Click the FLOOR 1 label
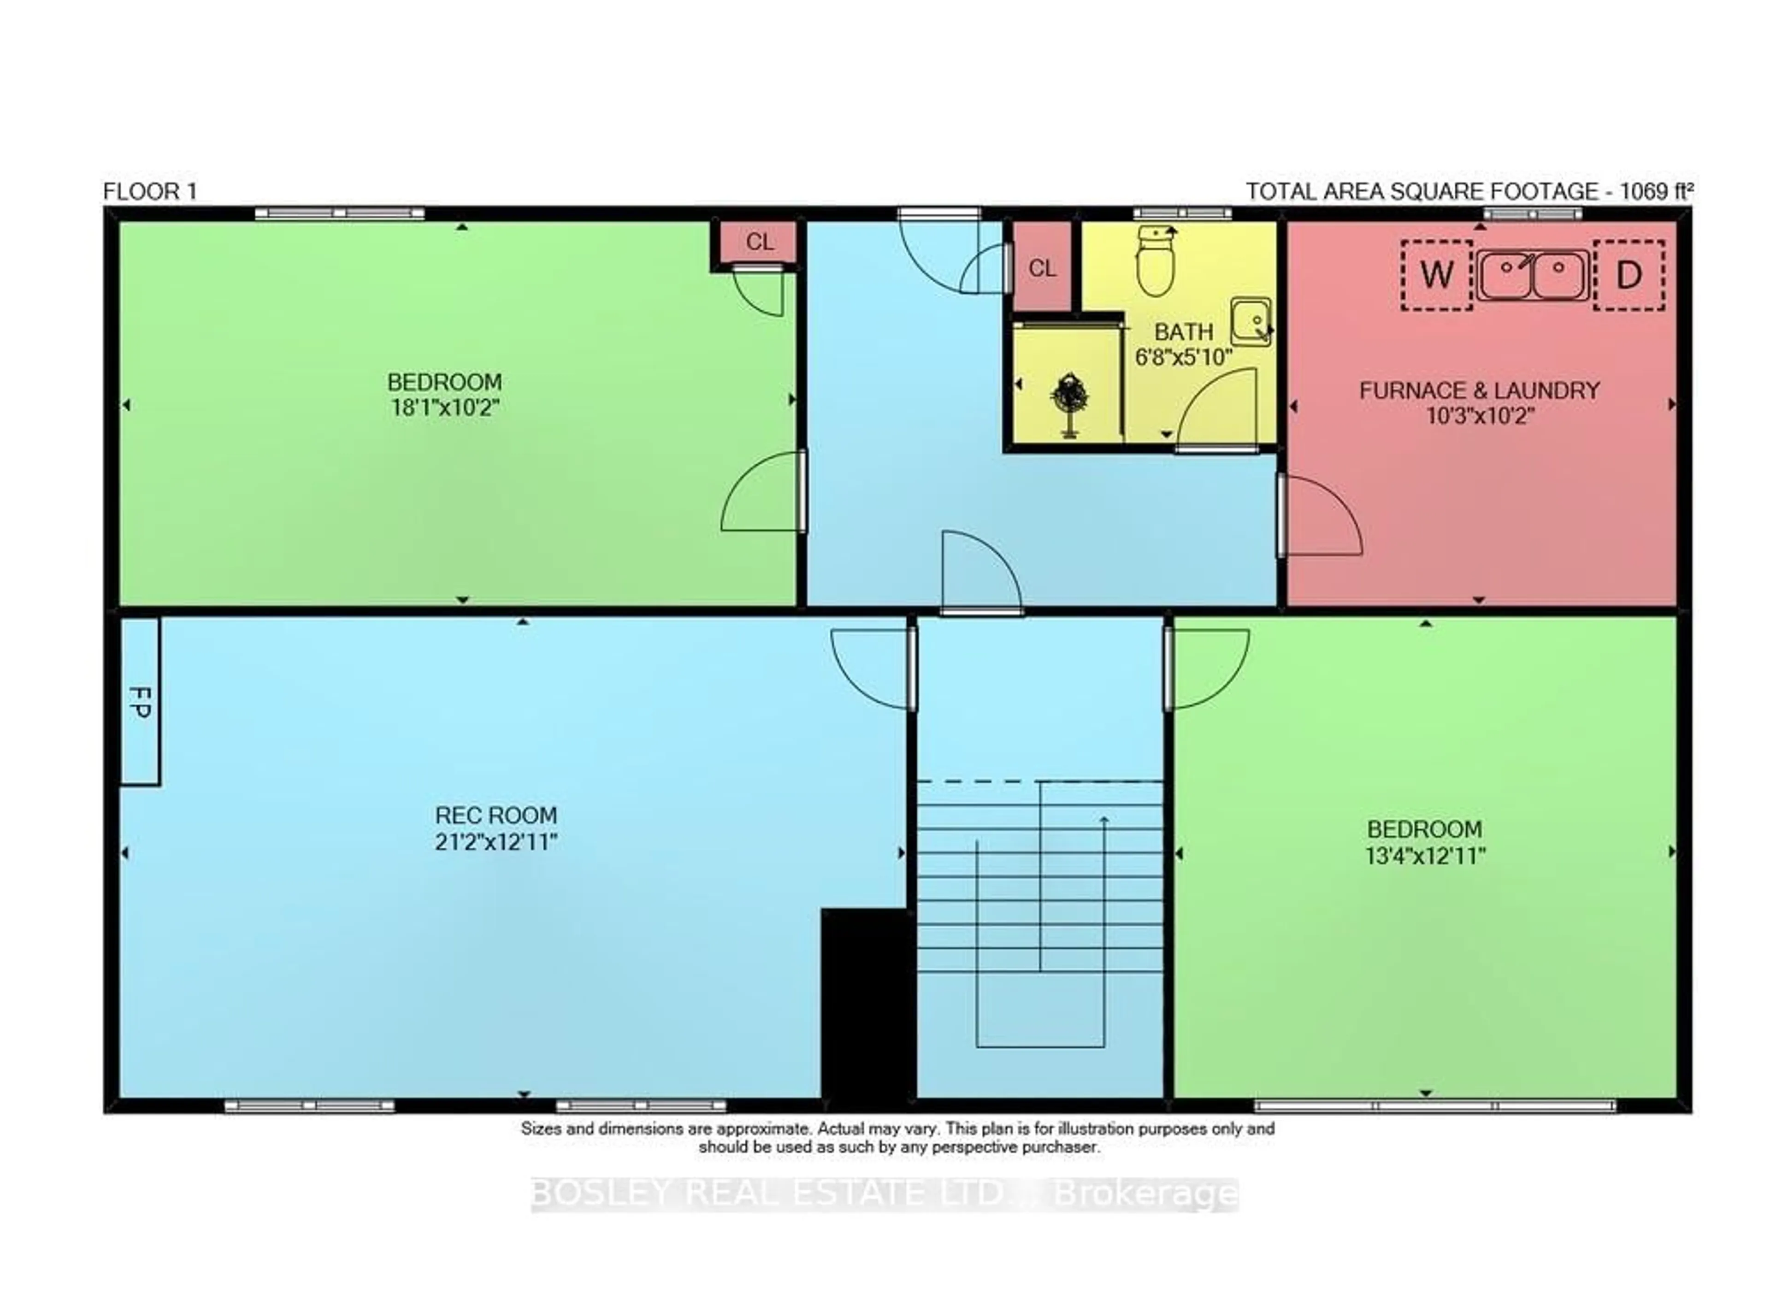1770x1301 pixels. click(x=150, y=191)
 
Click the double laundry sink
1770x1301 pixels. click(x=1531, y=275)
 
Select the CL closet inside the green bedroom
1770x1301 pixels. click(x=759, y=242)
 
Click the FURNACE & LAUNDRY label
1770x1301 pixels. click(x=1479, y=390)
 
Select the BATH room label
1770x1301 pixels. click(x=1183, y=331)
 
